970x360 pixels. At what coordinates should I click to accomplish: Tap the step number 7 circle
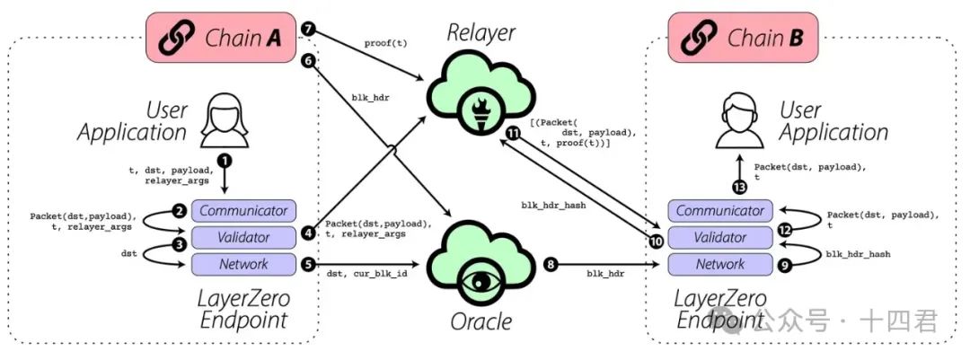[x=309, y=30]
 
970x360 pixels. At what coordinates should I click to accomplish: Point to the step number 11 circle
[x=513, y=133]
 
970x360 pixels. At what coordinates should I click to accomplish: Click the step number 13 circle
[x=738, y=187]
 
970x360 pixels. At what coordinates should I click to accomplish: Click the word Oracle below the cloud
[x=482, y=321]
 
